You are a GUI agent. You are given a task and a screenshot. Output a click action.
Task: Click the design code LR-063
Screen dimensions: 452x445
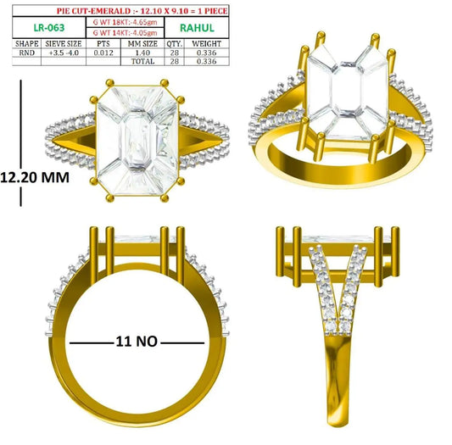coord(49,28)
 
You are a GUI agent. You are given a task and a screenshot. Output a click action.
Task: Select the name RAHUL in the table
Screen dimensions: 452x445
coord(197,28)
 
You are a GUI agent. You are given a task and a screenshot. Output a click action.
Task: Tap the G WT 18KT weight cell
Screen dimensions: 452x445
coord(126,22)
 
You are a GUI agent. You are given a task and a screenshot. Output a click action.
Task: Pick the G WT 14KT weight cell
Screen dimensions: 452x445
coord(126,33)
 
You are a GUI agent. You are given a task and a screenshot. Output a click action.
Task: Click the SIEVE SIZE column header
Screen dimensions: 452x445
coord(64,44)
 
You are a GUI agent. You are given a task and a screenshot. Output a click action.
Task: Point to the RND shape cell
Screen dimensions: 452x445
coord(27,53)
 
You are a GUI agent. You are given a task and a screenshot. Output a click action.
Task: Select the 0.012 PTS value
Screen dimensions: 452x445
coord(103,53)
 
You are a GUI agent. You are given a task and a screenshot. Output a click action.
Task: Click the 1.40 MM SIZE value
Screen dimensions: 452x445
coord(142,53)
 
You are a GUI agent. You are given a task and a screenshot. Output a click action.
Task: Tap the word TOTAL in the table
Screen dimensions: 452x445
coord(142,61)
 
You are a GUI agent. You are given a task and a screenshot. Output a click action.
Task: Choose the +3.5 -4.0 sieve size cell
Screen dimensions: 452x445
coord(64,53)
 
